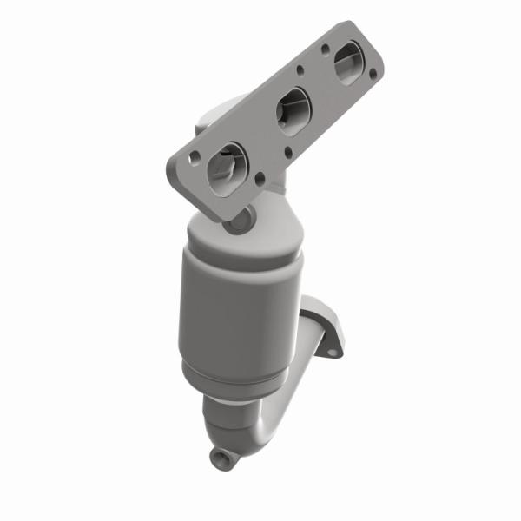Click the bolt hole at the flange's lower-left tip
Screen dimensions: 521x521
point(195,157)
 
